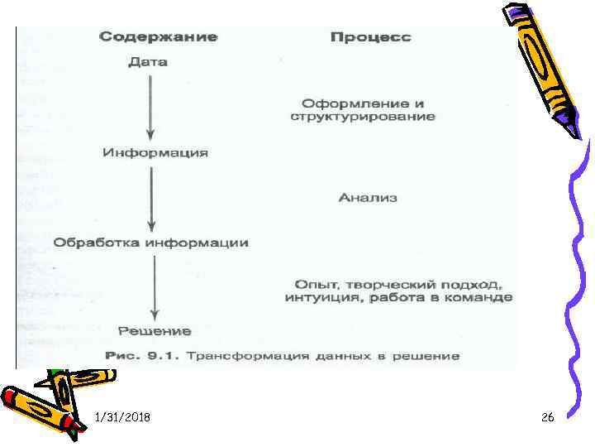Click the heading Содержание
click(158, 37)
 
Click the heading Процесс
click(370, 38)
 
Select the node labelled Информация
click(155, 153)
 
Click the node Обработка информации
click(151, 243)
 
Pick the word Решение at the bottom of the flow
click(155, 331)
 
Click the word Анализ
click(368, 198)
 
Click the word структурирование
click(363, 117)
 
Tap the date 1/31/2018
click(122, 419)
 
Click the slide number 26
click(547, 419)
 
